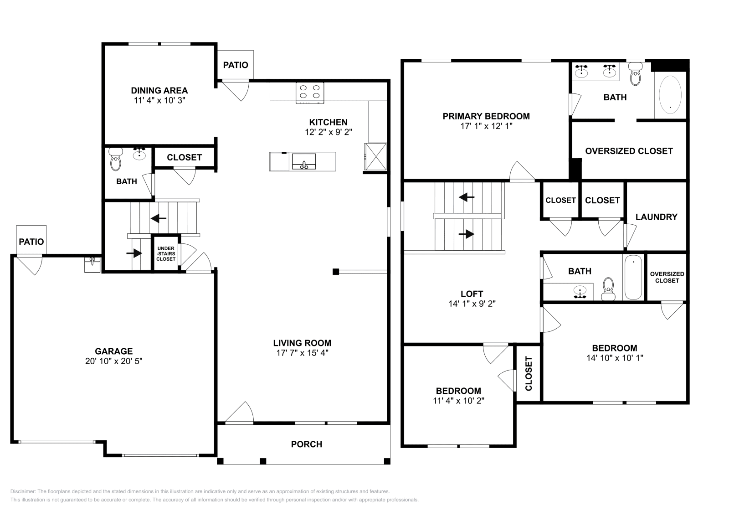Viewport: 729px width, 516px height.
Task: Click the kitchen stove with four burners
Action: [310, 92]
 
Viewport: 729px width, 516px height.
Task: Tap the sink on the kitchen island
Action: [304, 161]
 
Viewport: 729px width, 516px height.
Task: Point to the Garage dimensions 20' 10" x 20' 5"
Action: [114, 361]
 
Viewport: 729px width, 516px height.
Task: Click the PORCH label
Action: [306, 444]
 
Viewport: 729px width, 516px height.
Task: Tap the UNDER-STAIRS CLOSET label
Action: [166, 254]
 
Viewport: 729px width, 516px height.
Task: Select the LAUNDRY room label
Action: [656, 217]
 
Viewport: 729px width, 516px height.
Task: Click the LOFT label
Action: [472, 294]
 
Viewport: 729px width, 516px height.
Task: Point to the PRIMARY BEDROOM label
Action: [486, 116]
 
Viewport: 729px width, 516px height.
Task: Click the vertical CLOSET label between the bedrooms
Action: [529, 373]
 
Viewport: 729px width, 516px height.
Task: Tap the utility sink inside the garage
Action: [92, 264]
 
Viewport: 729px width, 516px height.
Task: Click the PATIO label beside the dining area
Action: [236, 65]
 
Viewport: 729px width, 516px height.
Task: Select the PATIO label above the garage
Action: [31, 242]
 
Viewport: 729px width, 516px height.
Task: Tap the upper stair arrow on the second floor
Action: [467, 197]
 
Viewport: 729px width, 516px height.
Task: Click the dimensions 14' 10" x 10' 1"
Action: [615, 358]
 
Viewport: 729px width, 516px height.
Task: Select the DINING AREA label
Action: [159, 91]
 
